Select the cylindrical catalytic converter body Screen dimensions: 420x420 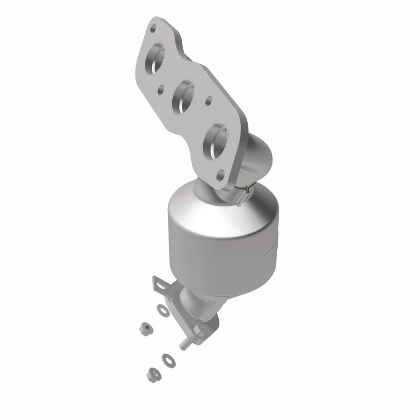point(220,252)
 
